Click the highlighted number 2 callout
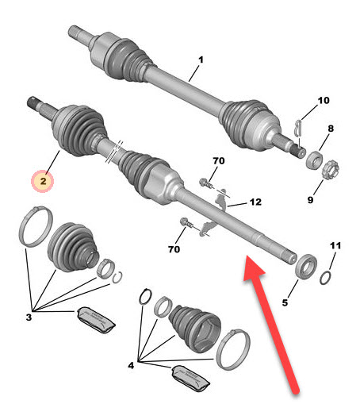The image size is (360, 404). coord(43,182)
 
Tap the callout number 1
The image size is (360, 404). coord(201,60)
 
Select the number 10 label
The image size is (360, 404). coord(324,101)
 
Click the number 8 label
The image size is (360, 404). coord(331,129)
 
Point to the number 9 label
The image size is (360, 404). coord(310,200)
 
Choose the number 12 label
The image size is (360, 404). coord(255,202)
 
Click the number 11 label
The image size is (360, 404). coord(335,245)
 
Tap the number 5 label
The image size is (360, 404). coord(285,302)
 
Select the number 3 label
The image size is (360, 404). coord(29,317)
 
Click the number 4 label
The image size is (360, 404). coord(131,366)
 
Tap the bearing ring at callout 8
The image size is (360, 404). coord(314,159)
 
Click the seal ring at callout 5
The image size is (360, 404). coord(306,266)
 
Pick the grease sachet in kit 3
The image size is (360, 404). coord(96,320)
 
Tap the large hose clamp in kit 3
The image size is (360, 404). coord(36,226)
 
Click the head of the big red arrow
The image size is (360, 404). coord(252,267)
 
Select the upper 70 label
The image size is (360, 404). coord(219,161)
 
